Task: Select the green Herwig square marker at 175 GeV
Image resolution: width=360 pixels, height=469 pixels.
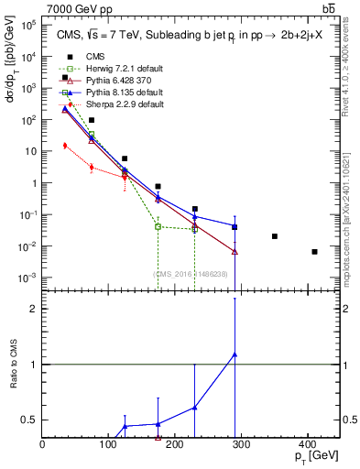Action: (x=158, y=226)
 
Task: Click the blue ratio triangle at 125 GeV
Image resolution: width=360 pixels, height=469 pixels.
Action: (x=125, y=426)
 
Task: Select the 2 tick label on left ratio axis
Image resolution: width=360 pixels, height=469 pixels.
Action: (x=33, y=309)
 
